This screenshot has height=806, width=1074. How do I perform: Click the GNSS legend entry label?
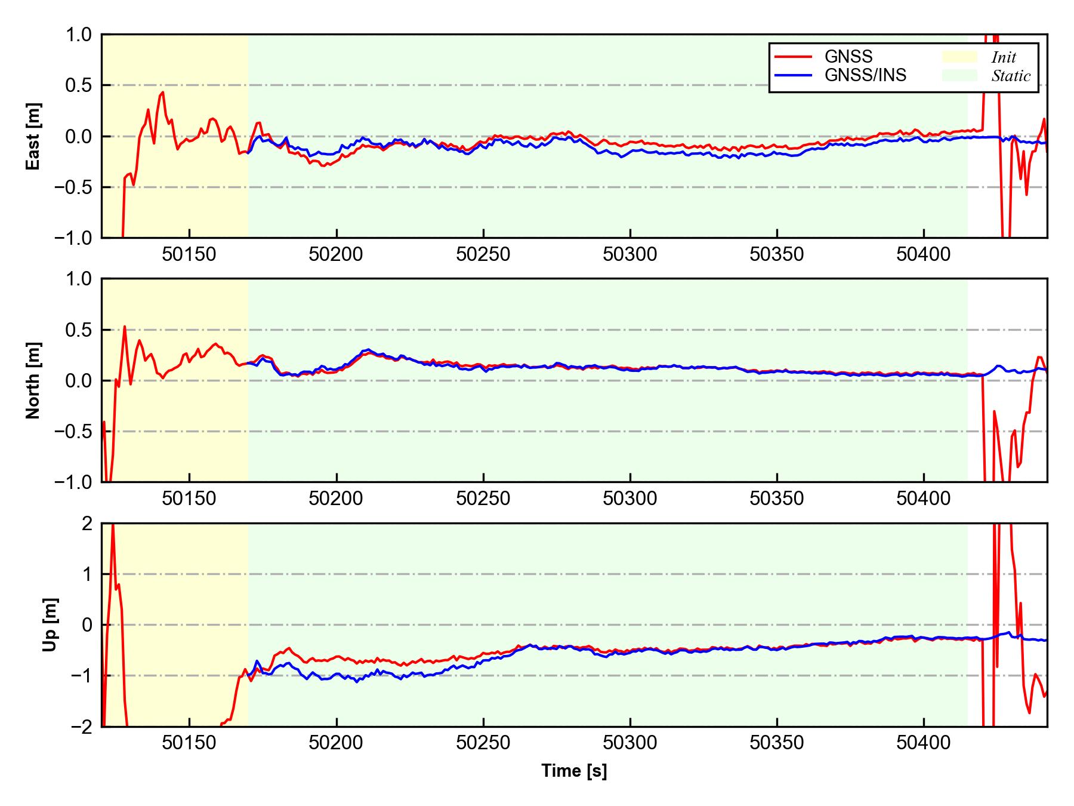(848, 57)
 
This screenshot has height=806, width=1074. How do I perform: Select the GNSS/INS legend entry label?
(865, 75)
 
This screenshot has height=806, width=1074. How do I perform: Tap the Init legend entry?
(1004, 57)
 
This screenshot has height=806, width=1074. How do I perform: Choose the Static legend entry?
(1011, 76)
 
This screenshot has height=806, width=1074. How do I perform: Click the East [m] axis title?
(33, 136)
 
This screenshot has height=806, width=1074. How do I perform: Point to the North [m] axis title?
(33, 380)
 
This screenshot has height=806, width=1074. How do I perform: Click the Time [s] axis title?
(574, 771)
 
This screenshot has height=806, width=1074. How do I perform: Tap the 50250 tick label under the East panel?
(483, 255)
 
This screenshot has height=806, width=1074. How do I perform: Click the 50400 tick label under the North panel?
(923, 499)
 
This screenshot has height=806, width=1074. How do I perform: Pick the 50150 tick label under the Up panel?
(189, 743)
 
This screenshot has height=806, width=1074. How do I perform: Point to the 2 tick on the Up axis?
(87, 524)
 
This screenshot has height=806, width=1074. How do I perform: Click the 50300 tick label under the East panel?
(630, 255)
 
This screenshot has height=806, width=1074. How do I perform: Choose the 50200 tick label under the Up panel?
(336, 743)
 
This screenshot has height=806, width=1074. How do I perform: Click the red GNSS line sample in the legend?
(793, 57)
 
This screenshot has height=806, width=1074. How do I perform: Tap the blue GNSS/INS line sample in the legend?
(793, 75)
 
